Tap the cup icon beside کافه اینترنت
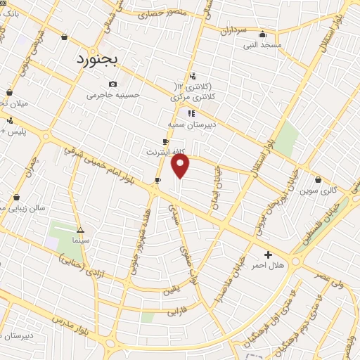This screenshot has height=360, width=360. [x=165, y=141]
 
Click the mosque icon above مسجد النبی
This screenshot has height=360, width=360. [x=262, y=34]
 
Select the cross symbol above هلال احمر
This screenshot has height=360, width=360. [x=267, y=254]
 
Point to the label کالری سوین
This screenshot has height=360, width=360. [x=319, y=191]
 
